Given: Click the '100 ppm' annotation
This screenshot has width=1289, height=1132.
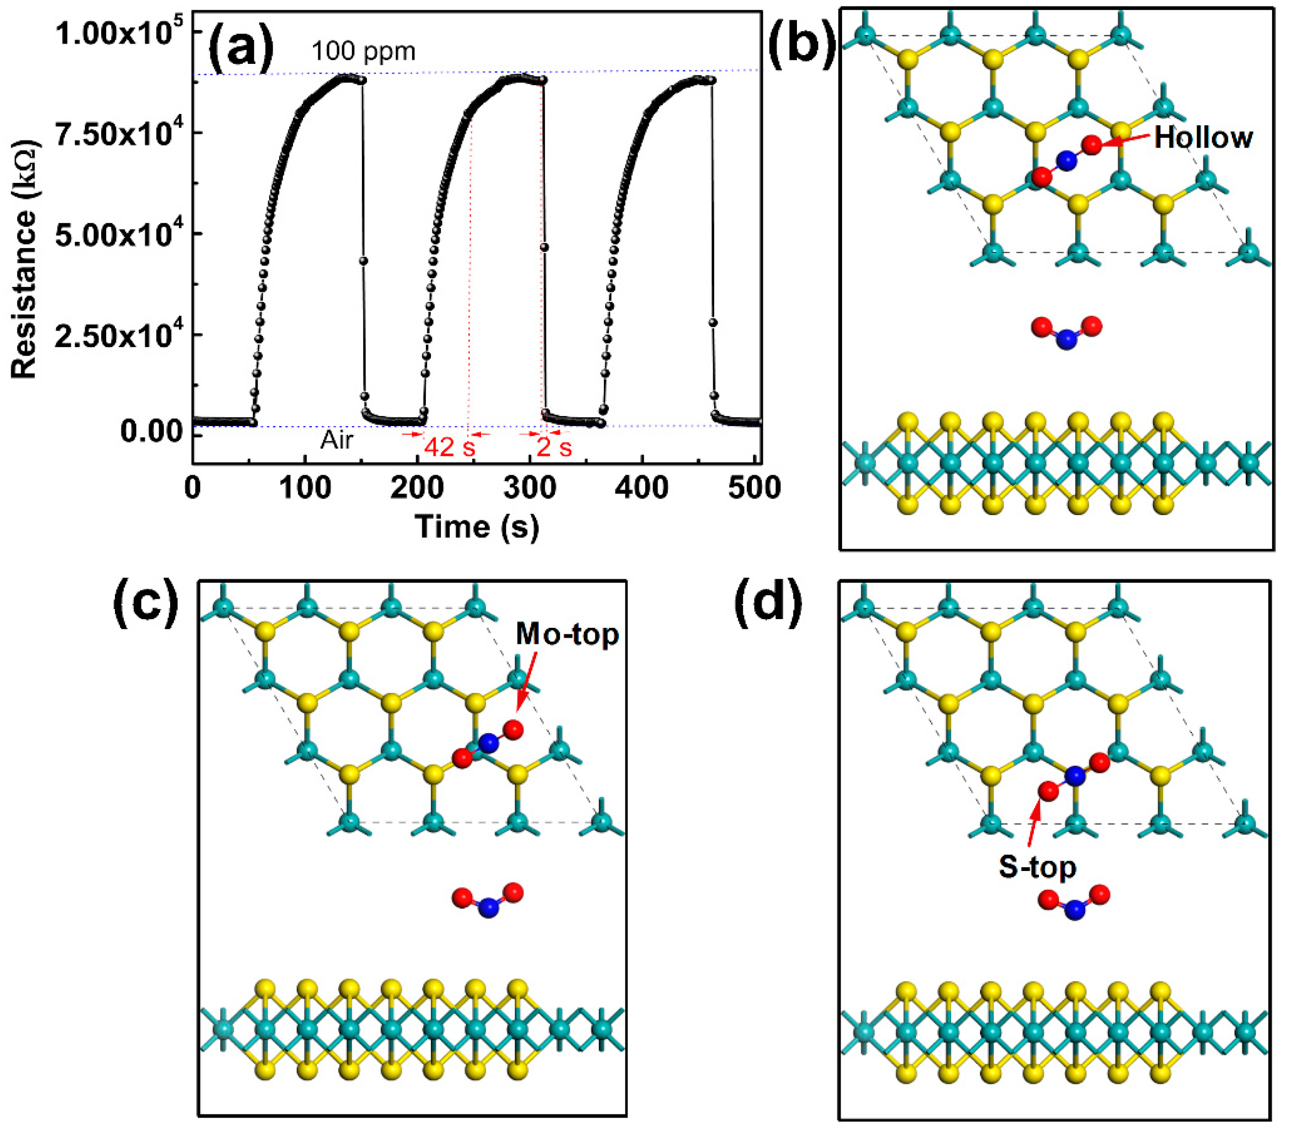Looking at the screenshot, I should [x=363, y=51].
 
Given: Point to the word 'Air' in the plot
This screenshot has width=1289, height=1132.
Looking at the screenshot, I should [x=337, y=440].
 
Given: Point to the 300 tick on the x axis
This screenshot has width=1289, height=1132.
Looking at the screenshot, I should [x=529, y=487].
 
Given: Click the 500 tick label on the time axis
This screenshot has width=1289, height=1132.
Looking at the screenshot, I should [x=754, y=487].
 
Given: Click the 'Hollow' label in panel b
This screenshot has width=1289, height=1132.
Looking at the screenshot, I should [x=1203, y=137].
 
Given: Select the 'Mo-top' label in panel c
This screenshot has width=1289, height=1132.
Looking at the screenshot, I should [x=567, y=634].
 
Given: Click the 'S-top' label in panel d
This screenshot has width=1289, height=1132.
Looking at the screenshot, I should [x=1037, y=868].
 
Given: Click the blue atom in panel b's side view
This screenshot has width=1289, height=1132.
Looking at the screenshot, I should [x=1066, y=341].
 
